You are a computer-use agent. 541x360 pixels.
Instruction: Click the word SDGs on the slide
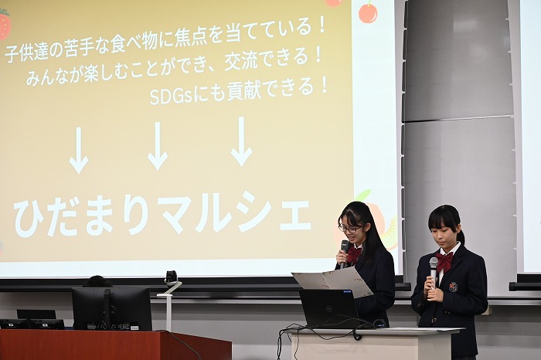[x=171, y=97]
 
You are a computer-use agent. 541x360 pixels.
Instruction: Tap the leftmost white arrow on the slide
[x=79, y=151]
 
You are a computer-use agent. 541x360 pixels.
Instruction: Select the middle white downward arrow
[x=158, y=146]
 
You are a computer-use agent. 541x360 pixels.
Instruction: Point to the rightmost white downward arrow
[x=241, y=141]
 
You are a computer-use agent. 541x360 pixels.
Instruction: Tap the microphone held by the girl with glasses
[x=345, y=253]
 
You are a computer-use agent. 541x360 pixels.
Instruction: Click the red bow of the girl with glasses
[x=355, y=254]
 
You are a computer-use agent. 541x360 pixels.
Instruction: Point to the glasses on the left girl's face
[x=349, y=228]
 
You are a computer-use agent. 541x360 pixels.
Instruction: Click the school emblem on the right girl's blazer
[x=453, y=287]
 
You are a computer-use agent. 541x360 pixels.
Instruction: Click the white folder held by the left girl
[x=332, y=280]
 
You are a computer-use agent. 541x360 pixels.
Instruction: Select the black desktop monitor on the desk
[x=112, y=309]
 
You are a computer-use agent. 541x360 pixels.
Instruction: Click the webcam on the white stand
[x=171, y=277]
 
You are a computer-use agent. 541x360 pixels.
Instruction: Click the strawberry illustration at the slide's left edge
[x=5, y=23]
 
